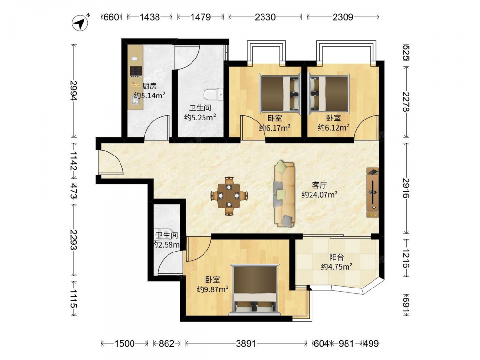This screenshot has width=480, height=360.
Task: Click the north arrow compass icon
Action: pyautogui.click(x=81, y=23)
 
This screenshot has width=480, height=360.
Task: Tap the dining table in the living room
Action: pyautogui.click(x=229, y=196)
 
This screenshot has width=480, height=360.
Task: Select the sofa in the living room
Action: pyautogui.click(x=284, y=194)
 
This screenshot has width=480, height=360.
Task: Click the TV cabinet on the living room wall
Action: pyautogui.click(x=372, y=192)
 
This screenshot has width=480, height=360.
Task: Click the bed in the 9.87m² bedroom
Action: pyautogui.click(x=255, y=290)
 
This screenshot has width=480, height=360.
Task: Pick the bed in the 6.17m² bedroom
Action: pyautogui.click(x=279, y=93)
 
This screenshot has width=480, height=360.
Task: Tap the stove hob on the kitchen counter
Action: pyautogui.click(x=136, y=72)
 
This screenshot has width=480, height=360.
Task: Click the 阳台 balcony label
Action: pyautogui.click(x=336, y=257)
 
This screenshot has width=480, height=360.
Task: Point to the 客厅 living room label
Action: pyautogui.click(x=320, y=185)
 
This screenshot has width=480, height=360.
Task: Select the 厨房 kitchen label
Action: pyautogui.click(x=150, y=86)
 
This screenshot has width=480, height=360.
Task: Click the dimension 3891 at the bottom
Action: pyautogui.click(x=246, y=344)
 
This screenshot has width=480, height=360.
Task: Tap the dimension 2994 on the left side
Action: pyautogui.click(x=74, y=90)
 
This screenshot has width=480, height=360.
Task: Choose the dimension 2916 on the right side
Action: pyautogui.click(x=406, y=188)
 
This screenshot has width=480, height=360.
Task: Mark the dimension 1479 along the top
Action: pyautogui.click(x=201, y=17)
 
